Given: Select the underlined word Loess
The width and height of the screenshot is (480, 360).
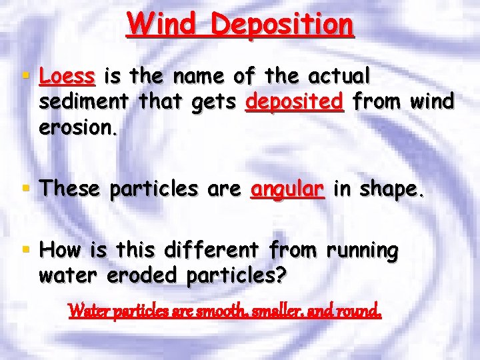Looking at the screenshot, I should pyautogui.click(x=67, y=77).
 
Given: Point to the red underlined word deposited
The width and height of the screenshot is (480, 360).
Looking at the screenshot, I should pyautogui.click(x=294, y=102).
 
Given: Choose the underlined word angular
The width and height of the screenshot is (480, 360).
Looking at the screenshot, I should pyautogui.click(x=287, y=190).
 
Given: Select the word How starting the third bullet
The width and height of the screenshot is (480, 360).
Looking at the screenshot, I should pyautogui.click(x=60, y=251).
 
